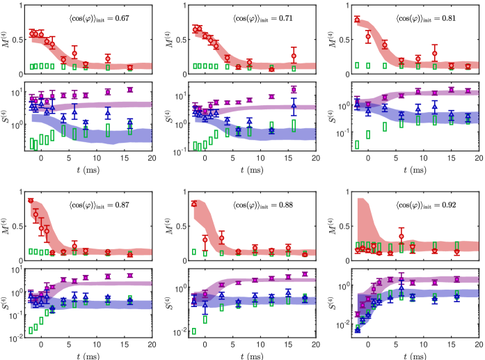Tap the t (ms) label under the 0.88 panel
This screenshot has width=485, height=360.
[x=249, y=352]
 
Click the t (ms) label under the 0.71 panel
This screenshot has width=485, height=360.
[x=249, y=167]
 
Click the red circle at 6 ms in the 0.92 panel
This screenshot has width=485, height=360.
[x=401, y=237]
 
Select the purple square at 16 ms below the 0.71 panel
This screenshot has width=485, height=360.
[x=294, y=89]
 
